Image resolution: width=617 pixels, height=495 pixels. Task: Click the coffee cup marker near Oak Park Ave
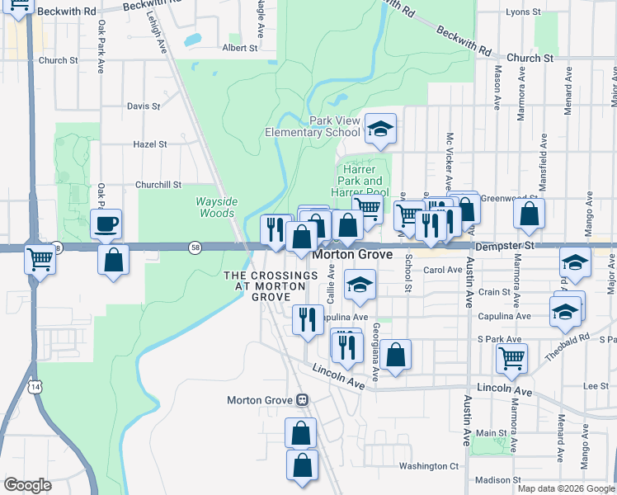coord(106,224)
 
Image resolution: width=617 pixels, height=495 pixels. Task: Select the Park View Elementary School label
coord(313,126)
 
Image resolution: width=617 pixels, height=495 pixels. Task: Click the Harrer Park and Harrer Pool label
coord(362,181)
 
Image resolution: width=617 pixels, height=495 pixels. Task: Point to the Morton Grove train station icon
coord(303,400)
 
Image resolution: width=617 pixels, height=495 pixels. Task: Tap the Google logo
coord(28,485)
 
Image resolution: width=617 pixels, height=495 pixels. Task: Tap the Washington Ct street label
coord(428,466)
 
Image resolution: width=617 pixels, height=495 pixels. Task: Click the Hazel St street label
coord(150,144)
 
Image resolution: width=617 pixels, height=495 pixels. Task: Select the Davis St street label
coord(144,106)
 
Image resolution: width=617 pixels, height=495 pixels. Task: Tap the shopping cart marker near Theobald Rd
coord(512,358)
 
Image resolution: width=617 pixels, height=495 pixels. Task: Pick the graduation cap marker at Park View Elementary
coord(380,129)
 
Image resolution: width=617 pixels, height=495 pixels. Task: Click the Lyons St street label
coord(523,12)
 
